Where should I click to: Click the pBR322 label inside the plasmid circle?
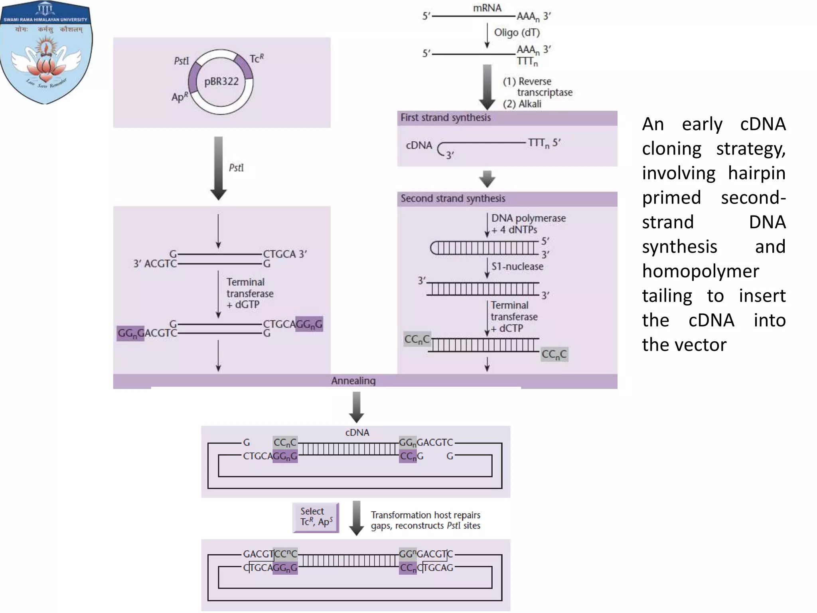point(221,81)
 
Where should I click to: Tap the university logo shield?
point(46,52)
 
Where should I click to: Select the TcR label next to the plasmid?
point(257,59)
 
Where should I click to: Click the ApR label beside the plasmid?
point(180,97)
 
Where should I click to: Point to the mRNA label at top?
point(487,8)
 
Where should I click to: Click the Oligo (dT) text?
point(517,32)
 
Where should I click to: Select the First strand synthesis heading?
point(446,118)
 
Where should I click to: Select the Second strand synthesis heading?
point(453,198)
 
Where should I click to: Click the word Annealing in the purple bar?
point(353,381)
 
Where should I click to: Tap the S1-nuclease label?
point(517,267)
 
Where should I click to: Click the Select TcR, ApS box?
point(316,517)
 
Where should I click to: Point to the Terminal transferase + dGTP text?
point(250,293)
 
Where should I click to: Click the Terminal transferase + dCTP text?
point(513,317)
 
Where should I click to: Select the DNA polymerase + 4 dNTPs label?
point(528,224)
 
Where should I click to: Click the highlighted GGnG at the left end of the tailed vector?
point(131,333)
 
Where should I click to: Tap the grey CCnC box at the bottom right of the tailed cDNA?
point(554,354)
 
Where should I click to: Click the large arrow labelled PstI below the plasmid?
point(219,168)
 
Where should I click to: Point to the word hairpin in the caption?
point(756,173)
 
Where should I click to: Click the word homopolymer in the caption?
point(701,271)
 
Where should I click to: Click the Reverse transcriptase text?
point(537,87)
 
